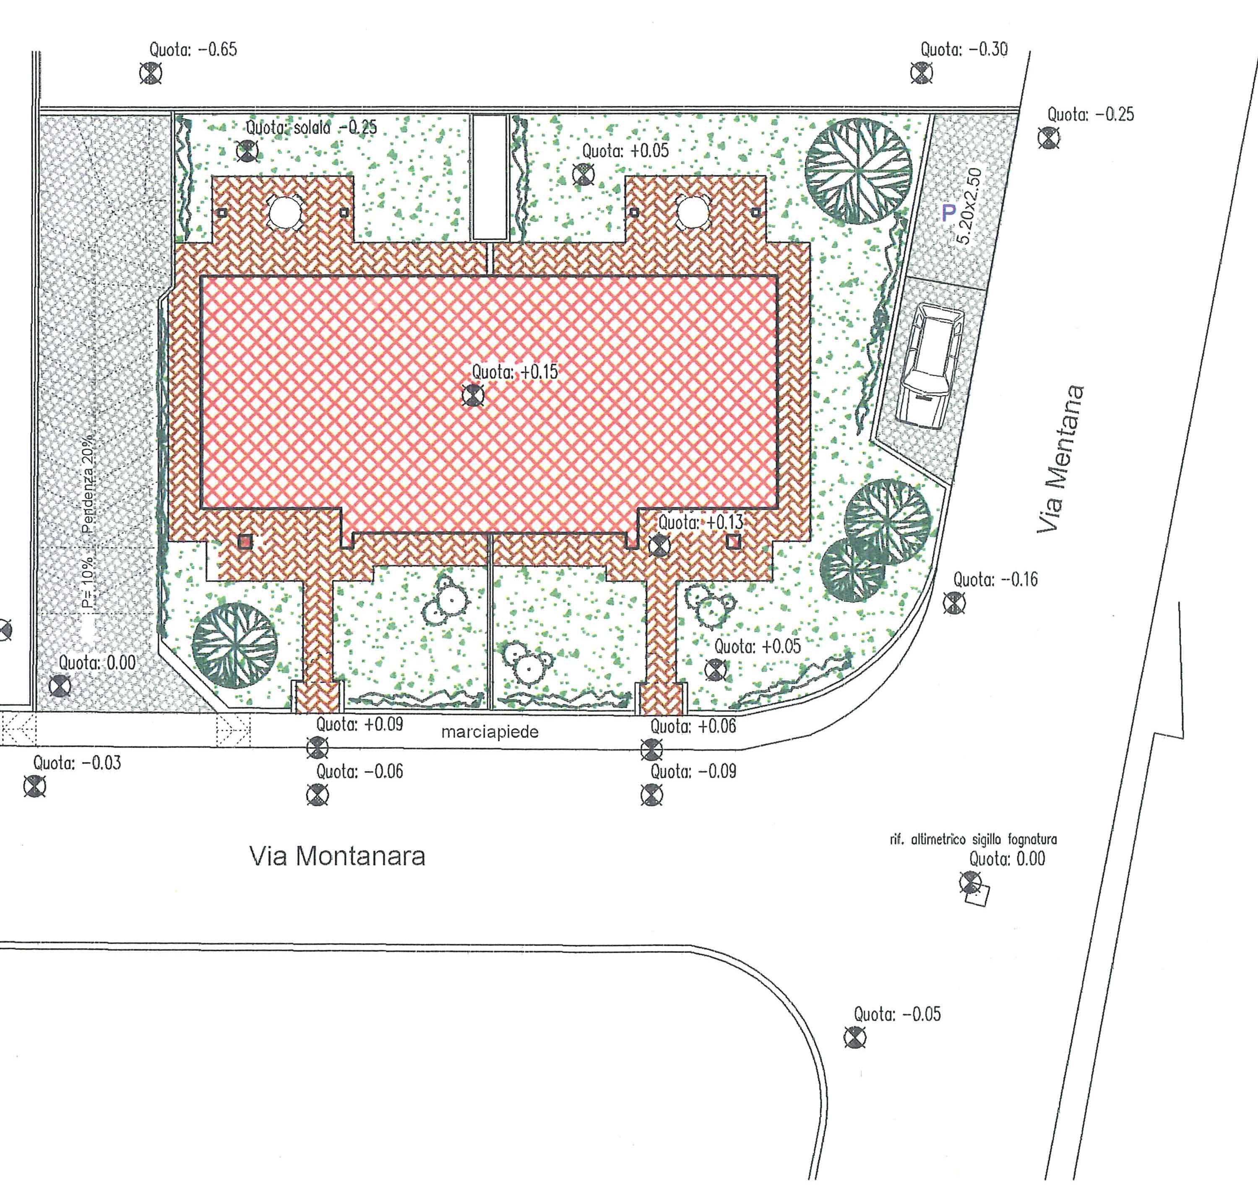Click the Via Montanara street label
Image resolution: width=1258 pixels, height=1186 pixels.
[337, 856]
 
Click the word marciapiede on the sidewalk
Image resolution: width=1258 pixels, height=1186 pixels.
[490, 732]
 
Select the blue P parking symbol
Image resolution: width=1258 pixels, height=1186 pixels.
[948, 213]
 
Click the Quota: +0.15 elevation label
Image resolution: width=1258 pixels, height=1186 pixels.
[515, 372]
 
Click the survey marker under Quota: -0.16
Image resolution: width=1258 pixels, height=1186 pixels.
[954, 603]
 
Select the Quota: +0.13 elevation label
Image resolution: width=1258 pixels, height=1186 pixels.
[701, 523]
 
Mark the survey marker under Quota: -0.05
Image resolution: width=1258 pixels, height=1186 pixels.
[855, 1038]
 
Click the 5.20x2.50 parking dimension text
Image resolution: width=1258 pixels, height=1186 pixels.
[968, 206]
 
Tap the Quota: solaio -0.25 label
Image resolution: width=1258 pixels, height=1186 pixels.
[311, 127]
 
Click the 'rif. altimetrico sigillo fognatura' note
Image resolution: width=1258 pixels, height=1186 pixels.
[973, 840]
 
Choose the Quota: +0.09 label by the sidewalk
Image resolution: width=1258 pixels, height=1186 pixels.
[359, 724]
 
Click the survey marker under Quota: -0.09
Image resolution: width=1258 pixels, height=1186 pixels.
[652, 795]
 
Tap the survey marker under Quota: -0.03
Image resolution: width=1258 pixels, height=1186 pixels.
[35, 787]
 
